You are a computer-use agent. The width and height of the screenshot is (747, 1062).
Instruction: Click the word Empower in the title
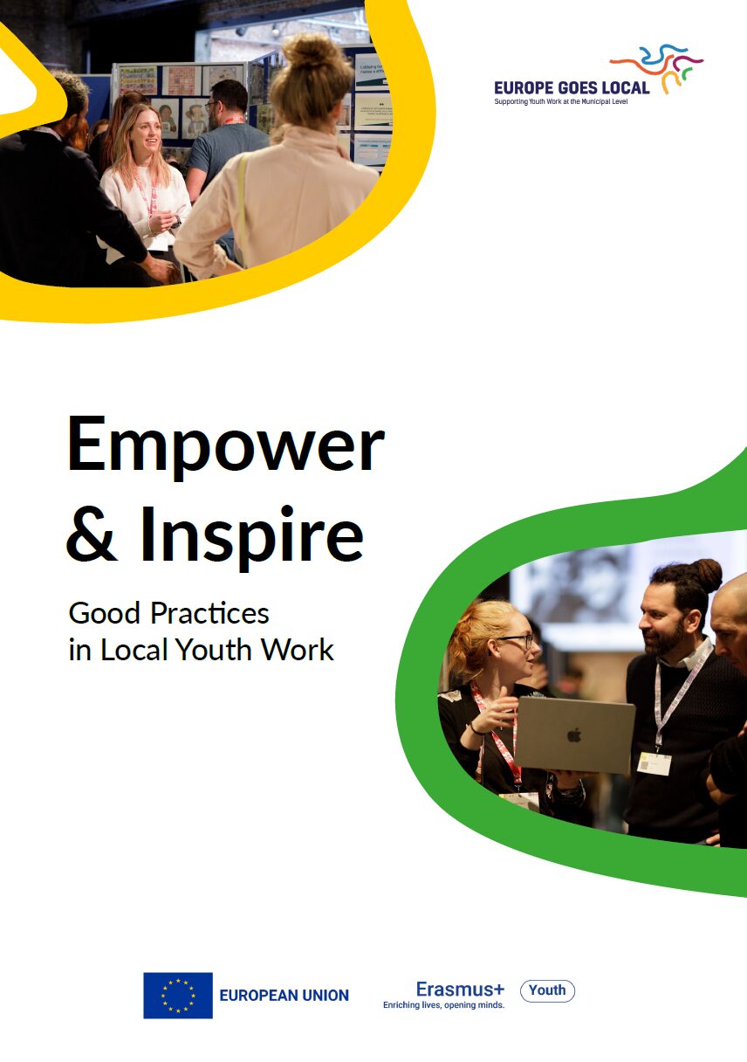pos(225,445)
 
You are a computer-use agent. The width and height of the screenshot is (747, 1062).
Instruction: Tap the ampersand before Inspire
pos(93,534)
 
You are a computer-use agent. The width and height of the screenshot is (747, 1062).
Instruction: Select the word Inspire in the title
pos(251,535)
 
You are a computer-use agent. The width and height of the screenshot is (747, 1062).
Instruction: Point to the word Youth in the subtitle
pos(220,650)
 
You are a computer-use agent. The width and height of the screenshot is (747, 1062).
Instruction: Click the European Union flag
pos(178,995)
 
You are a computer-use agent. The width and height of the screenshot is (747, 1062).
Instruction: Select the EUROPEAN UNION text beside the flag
pos(284,996)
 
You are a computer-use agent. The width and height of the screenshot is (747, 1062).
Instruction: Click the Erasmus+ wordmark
pos(460,989)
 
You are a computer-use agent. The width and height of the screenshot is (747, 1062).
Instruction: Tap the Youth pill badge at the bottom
pos(547,990)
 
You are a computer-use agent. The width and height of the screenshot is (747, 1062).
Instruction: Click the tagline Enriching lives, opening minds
pos(443,1005)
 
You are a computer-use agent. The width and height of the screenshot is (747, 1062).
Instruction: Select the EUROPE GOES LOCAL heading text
pos(572,87)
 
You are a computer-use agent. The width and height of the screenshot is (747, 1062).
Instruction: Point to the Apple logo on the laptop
pos(573,734)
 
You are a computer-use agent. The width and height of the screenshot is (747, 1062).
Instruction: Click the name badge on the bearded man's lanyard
pos(654,763)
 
